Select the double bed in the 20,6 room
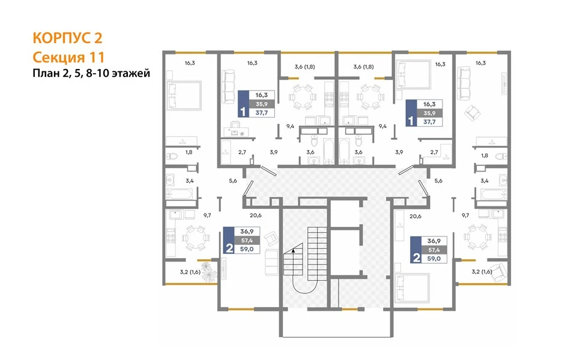coord(411,287)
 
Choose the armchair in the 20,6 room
coord(271,238)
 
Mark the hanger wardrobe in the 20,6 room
coord(399,226)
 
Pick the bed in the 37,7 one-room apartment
coord(412,74)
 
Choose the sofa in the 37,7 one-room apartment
coord(228,86)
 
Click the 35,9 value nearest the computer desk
coord(262,104)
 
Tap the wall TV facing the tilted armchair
coord(504,86)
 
